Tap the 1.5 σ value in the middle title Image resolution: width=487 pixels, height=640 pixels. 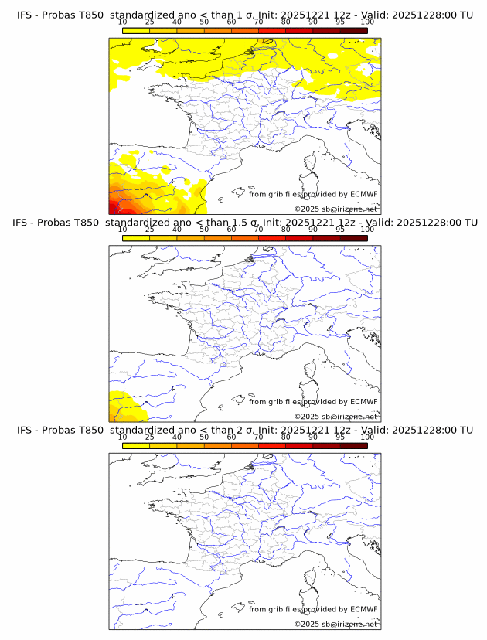pyautogui.click(x=251, y=223)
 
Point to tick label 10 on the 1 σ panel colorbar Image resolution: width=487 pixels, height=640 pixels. pyautogui.click(x=123, y=22)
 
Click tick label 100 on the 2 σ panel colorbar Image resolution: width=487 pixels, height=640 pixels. pyautogui.click(x=366, y=437)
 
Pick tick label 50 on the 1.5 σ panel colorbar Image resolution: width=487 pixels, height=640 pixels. pyautogui.click(x=204, y=230)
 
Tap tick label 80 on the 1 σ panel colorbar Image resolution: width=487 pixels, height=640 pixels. pyautogui.click(x=286, y=22)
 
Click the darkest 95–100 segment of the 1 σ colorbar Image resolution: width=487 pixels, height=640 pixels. pyautogui.click(x=353, y=30)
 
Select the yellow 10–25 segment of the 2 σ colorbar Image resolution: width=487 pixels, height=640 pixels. pyautogui.click(x=136, y=445)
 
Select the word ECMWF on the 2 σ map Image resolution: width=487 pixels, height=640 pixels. pyautogui.click(x=363, y=610)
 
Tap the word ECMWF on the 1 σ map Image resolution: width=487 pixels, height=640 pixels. pyautogui.click(x=363, y=195)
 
